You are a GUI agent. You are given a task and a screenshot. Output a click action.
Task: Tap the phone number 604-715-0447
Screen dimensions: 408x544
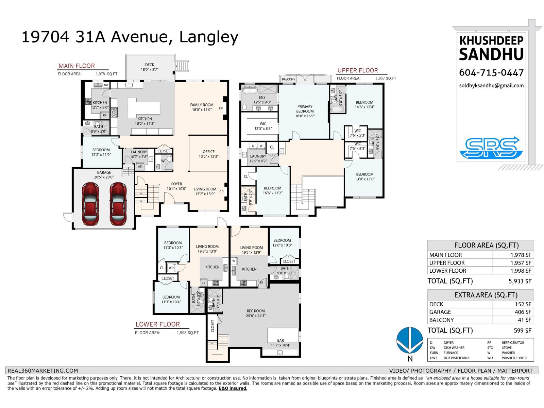(491, 72)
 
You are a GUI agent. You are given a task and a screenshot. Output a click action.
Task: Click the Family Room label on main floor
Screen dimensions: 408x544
(202, 105)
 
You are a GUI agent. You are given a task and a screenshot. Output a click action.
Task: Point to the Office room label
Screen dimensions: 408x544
(208, 152)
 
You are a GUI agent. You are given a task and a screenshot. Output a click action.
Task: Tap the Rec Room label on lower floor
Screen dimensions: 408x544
(256, 311)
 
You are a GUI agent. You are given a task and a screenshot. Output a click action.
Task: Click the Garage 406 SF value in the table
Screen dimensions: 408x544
(523, 312)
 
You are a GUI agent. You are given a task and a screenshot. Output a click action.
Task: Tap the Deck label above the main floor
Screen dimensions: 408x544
(150, 65)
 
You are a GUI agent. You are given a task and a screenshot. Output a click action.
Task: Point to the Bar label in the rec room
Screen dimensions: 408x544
(280, 340)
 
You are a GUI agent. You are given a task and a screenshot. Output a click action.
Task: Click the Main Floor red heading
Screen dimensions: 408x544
(76, 66)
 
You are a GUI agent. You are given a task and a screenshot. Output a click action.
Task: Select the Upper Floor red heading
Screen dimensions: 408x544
(357, 70)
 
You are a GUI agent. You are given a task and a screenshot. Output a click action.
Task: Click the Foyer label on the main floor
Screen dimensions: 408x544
(176, 184)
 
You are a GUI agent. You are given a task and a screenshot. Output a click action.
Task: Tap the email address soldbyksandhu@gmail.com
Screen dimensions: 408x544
(491, 86)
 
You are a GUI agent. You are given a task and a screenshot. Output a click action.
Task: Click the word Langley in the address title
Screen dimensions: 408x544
(208, 37)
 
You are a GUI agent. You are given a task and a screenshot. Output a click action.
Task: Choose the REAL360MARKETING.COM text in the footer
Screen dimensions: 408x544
(43, 371)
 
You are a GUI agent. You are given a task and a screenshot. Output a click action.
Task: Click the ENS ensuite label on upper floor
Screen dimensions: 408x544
(262, 98)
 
